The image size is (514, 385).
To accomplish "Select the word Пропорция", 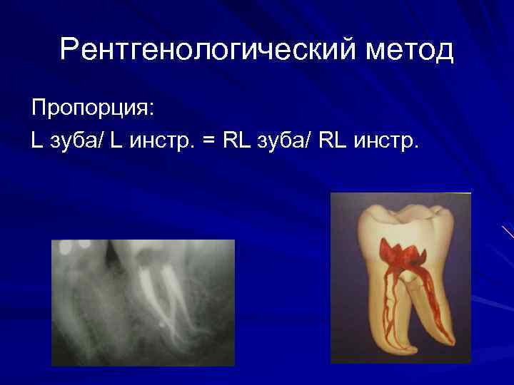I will [93, 109].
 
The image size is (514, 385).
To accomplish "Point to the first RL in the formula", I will [233, 140].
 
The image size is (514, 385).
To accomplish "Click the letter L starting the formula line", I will [36, 140].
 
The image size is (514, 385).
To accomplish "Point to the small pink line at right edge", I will [508, 232].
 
